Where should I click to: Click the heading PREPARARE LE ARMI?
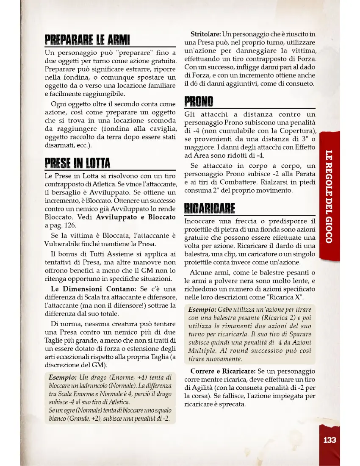[87, 41]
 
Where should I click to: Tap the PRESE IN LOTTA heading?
[78, 163]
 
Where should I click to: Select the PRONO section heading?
[199, 102]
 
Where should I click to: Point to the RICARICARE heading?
[210, 209]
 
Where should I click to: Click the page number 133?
[330, 440]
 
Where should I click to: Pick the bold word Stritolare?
[205, 34]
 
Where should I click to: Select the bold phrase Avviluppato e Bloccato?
[136, 217]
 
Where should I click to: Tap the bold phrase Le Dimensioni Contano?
[94, 289]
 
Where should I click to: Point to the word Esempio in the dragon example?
[61, 377]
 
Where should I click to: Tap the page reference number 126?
[71, 225]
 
